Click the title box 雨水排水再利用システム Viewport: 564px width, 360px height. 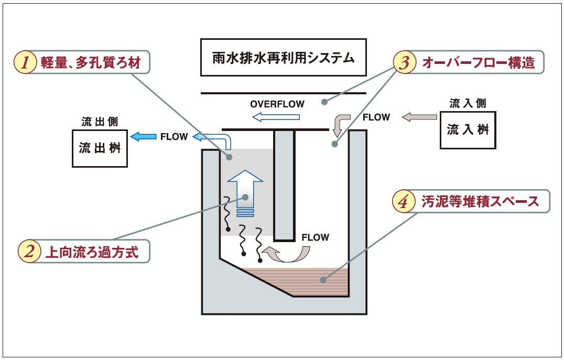pos(283,57)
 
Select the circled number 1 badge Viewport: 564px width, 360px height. pos(24,63)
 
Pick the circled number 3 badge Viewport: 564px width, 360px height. pos(404,63)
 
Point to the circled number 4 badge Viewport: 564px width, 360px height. pos(403,202)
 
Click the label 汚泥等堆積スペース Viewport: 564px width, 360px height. pos(480,202)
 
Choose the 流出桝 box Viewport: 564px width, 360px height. pos(100,148)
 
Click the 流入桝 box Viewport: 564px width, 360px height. pos(468,129)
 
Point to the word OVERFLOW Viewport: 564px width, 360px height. pos(277,103)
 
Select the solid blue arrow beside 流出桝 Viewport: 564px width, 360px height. pos(142,137)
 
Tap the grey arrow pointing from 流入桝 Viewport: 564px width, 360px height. pos(419,117)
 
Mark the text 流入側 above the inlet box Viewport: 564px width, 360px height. pos(468,103)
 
